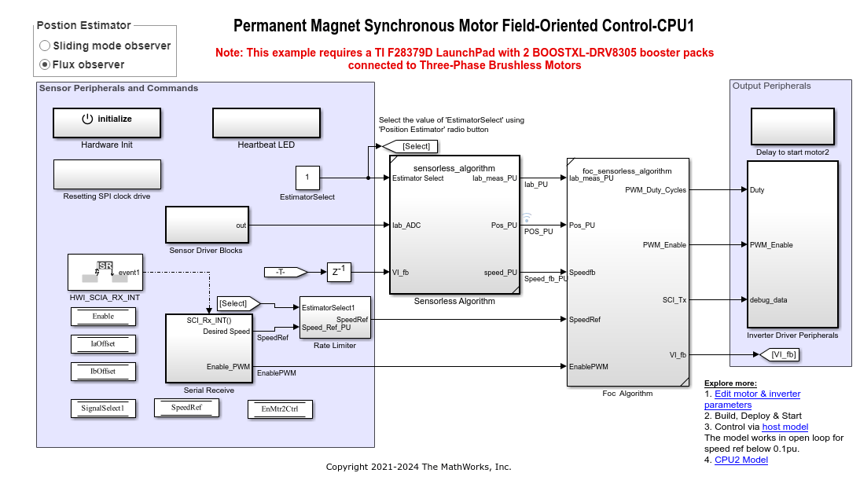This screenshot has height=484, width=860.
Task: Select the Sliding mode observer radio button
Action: click(x=45, y=46)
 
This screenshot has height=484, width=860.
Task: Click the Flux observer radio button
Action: click(x=45, y=64)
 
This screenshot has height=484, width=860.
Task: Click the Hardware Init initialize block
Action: click(x=107, y=122)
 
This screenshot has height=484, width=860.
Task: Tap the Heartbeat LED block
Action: click(x=266, y=122)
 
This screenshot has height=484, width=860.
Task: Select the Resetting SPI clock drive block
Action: click(x=107, y=174)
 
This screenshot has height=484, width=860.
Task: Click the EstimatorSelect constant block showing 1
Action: click(x=307, y=178)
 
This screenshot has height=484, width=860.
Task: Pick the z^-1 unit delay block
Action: click(x=339, y=273)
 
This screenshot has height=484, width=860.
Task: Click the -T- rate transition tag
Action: click(x=280, y=273)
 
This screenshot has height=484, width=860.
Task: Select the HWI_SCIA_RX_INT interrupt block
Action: click(x=104, y=273)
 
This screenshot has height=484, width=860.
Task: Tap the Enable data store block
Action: click(x=103, y=317)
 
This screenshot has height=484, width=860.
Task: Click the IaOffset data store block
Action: click(x=103, y=343)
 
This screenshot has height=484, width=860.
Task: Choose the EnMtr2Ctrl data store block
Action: click(x=280, y=409)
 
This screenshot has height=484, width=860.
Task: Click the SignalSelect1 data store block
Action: click(x=103, y=408)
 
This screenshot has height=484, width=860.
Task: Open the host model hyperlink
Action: click(x=785, y=427)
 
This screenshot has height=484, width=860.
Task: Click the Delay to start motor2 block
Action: click(x=792, y=126)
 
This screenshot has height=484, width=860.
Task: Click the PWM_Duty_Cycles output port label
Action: click(x=655, y=190)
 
